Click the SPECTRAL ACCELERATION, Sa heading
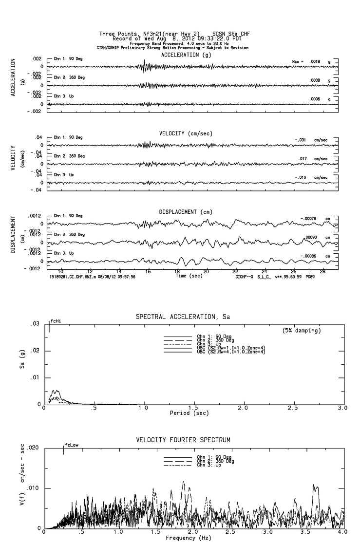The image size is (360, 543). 182,317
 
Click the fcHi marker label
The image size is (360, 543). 56,321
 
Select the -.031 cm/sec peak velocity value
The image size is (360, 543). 312,140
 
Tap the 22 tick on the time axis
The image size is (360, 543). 235,271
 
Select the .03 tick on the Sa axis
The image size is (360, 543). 35,324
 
